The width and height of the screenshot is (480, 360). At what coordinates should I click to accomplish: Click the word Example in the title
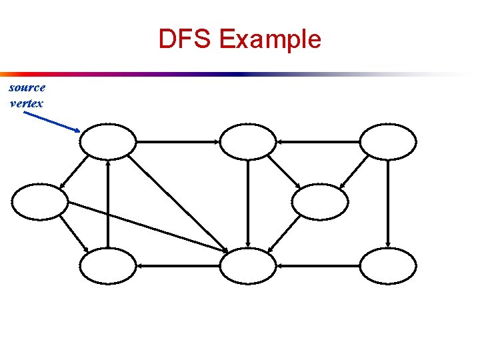269,40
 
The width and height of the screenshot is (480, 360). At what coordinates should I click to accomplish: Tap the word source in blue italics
27,88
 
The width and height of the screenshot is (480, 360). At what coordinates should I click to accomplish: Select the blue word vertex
27,103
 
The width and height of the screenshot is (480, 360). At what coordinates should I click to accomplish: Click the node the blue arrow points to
108,141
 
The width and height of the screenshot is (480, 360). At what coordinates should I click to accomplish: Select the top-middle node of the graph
248,141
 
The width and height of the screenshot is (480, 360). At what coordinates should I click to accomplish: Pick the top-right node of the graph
388,141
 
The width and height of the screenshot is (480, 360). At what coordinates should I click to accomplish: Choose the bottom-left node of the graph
108,265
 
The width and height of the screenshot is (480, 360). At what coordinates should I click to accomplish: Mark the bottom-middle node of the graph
248,265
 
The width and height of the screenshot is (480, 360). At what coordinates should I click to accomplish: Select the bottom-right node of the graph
388,265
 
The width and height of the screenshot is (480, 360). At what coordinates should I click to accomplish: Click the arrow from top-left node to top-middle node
178,141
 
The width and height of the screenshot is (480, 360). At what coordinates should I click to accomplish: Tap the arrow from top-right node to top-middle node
318,141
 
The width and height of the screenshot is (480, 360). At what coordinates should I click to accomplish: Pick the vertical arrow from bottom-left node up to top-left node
108,203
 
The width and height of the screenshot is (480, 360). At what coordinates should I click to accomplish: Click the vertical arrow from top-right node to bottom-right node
388,203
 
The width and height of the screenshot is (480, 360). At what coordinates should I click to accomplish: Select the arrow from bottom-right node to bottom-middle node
318,265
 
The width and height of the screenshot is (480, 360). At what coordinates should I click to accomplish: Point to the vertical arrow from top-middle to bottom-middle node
248,203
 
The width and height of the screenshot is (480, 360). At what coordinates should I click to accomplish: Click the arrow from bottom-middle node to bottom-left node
178,265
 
